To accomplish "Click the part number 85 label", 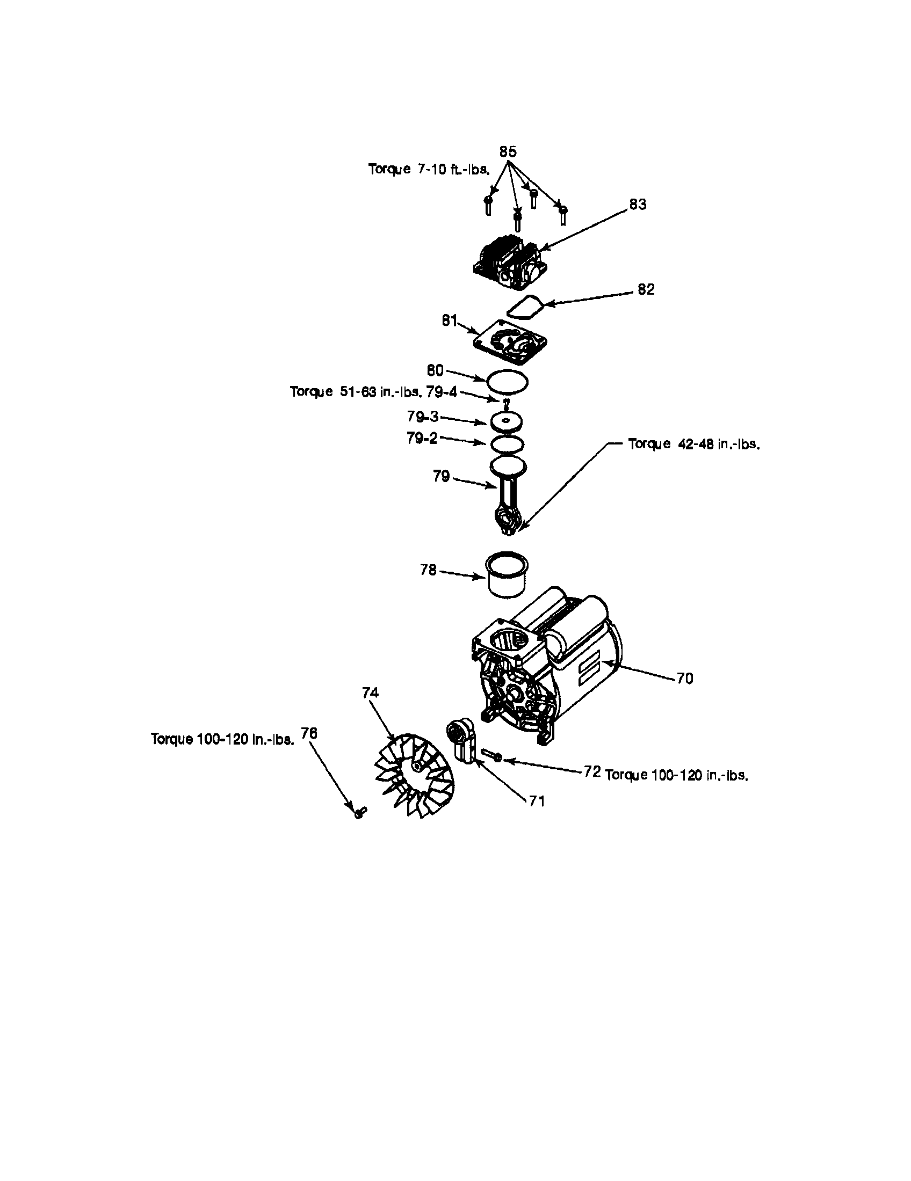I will pos(508,152).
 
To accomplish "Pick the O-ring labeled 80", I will pos(507,382).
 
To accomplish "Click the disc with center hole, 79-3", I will pos(507,421).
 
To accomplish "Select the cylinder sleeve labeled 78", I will pos(507,574).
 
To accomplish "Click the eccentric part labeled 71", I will pos(461,740).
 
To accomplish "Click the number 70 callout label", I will pos(684,679).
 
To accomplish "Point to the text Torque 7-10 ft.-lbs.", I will pos(429,169).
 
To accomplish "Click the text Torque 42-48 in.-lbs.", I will pos(694,444).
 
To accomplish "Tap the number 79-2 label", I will pos(422,438).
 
